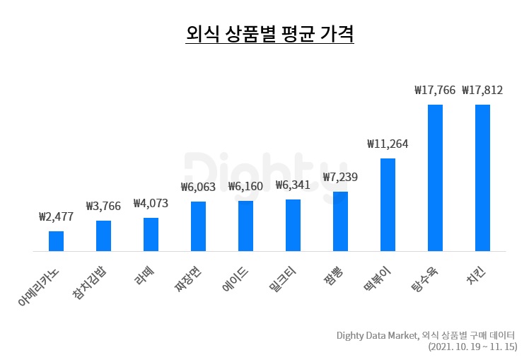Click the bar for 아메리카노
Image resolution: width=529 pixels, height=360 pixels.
(56, 241)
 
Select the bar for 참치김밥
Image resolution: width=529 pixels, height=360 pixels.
(103, 236)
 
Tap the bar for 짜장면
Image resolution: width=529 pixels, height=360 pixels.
(198, 226)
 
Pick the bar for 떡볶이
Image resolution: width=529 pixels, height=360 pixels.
(388, 205)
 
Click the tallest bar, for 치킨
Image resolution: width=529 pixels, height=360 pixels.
(482, 178)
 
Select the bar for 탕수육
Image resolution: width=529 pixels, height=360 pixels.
(435, 178)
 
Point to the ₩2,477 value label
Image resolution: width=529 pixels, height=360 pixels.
(56, 216)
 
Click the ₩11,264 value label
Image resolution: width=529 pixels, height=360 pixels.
(388, 144)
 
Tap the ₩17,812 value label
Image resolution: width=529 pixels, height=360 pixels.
(482, 90)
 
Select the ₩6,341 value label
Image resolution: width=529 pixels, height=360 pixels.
(293, 186)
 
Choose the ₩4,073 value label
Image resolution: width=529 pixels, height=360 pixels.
(151, 204)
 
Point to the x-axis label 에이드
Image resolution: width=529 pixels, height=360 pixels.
(237, 278)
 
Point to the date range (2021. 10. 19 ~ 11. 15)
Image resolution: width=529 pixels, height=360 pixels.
(472, 347)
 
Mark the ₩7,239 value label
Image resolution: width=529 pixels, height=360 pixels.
(340, 178)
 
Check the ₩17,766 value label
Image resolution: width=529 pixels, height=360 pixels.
(435, 90)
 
